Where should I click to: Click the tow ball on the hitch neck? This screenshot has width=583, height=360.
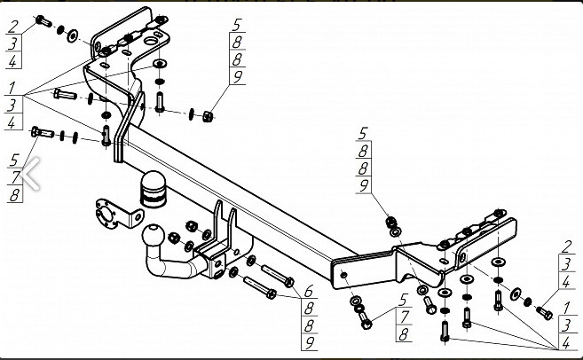pos(153,235)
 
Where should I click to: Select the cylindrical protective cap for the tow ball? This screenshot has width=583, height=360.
pos(153,189)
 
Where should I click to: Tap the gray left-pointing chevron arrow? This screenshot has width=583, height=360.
pos(30,174)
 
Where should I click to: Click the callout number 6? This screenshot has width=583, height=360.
pos(308,291)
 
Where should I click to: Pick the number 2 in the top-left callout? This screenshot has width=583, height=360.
pos(13,27)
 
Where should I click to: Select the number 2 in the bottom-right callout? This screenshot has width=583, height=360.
pos(566,247)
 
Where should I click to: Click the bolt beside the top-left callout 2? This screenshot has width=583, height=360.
pos(43,21)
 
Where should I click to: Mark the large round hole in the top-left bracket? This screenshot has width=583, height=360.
pos(152,42)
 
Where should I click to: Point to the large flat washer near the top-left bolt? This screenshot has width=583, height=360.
pos(72,35)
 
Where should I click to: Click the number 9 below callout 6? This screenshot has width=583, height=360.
pos(310,343)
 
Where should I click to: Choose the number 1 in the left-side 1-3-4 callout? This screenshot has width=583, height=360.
pos(12,88)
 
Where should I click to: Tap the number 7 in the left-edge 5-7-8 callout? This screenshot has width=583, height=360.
pos(15,177)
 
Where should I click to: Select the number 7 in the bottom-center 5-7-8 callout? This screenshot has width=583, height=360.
pos(404,317)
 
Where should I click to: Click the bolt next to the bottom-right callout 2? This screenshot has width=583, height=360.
pos(544,313)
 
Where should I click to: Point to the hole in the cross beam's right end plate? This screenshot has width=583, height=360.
pos(344,275)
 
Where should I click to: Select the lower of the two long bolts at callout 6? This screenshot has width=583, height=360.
pos(260,287)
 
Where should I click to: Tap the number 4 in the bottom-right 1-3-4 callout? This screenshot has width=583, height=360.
pos(566,343)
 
